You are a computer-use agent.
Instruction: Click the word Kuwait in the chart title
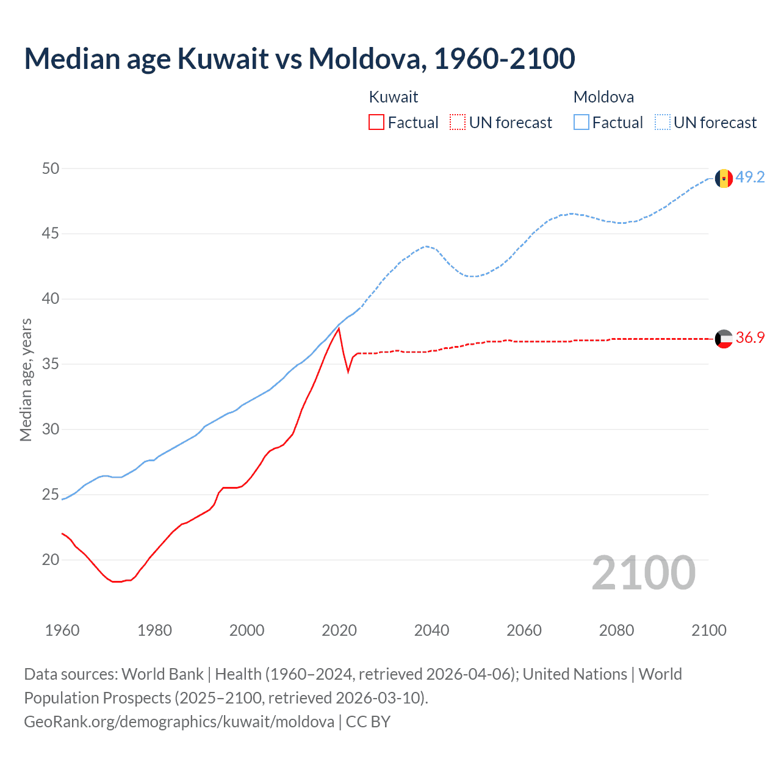click(223, 59)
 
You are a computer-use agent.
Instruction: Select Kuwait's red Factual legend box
click(376, 123)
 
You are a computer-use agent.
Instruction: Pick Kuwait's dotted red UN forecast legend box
click(458, 123)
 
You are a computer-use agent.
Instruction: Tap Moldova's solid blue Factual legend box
click(581, 123)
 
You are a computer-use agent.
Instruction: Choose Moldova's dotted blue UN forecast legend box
click(663, 123)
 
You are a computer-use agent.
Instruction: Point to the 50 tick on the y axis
click(51, 168)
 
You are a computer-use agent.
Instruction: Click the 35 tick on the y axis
click(51, 364)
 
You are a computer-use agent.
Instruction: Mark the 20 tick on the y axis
click(51, 560)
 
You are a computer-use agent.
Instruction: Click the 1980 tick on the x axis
click(154, 630)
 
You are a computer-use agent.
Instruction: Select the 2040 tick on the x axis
click(431, 630)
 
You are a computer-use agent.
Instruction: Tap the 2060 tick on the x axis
click(524, 630)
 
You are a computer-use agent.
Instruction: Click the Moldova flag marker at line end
click(724, 178)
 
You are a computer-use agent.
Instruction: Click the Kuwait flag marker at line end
click(724, 339)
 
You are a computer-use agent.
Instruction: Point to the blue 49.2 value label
click(750, 177)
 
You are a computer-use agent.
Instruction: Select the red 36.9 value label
click(750, 337)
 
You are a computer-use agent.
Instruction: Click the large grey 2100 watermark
click(644, 572)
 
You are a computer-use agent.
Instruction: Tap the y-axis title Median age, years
click(26, 380)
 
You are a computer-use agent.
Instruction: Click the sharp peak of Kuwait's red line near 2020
click(339, 329)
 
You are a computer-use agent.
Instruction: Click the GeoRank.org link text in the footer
click(179, 721)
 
